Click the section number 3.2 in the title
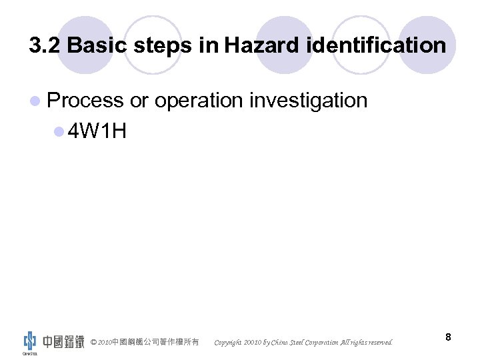[x=45, y=45]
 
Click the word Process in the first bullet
[x=86, y=101]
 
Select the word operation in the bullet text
[x=199, y=101]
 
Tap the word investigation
[x=309, y=101]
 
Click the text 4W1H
[x=97, y=131]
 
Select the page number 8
[x=448, y=337]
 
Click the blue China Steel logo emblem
[x=30, y=340]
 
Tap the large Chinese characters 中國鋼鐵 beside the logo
[x=63, y=342]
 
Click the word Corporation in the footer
[x=321, y=343]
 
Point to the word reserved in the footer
[x=378, y=343]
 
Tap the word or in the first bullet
[x=139, y=101]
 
